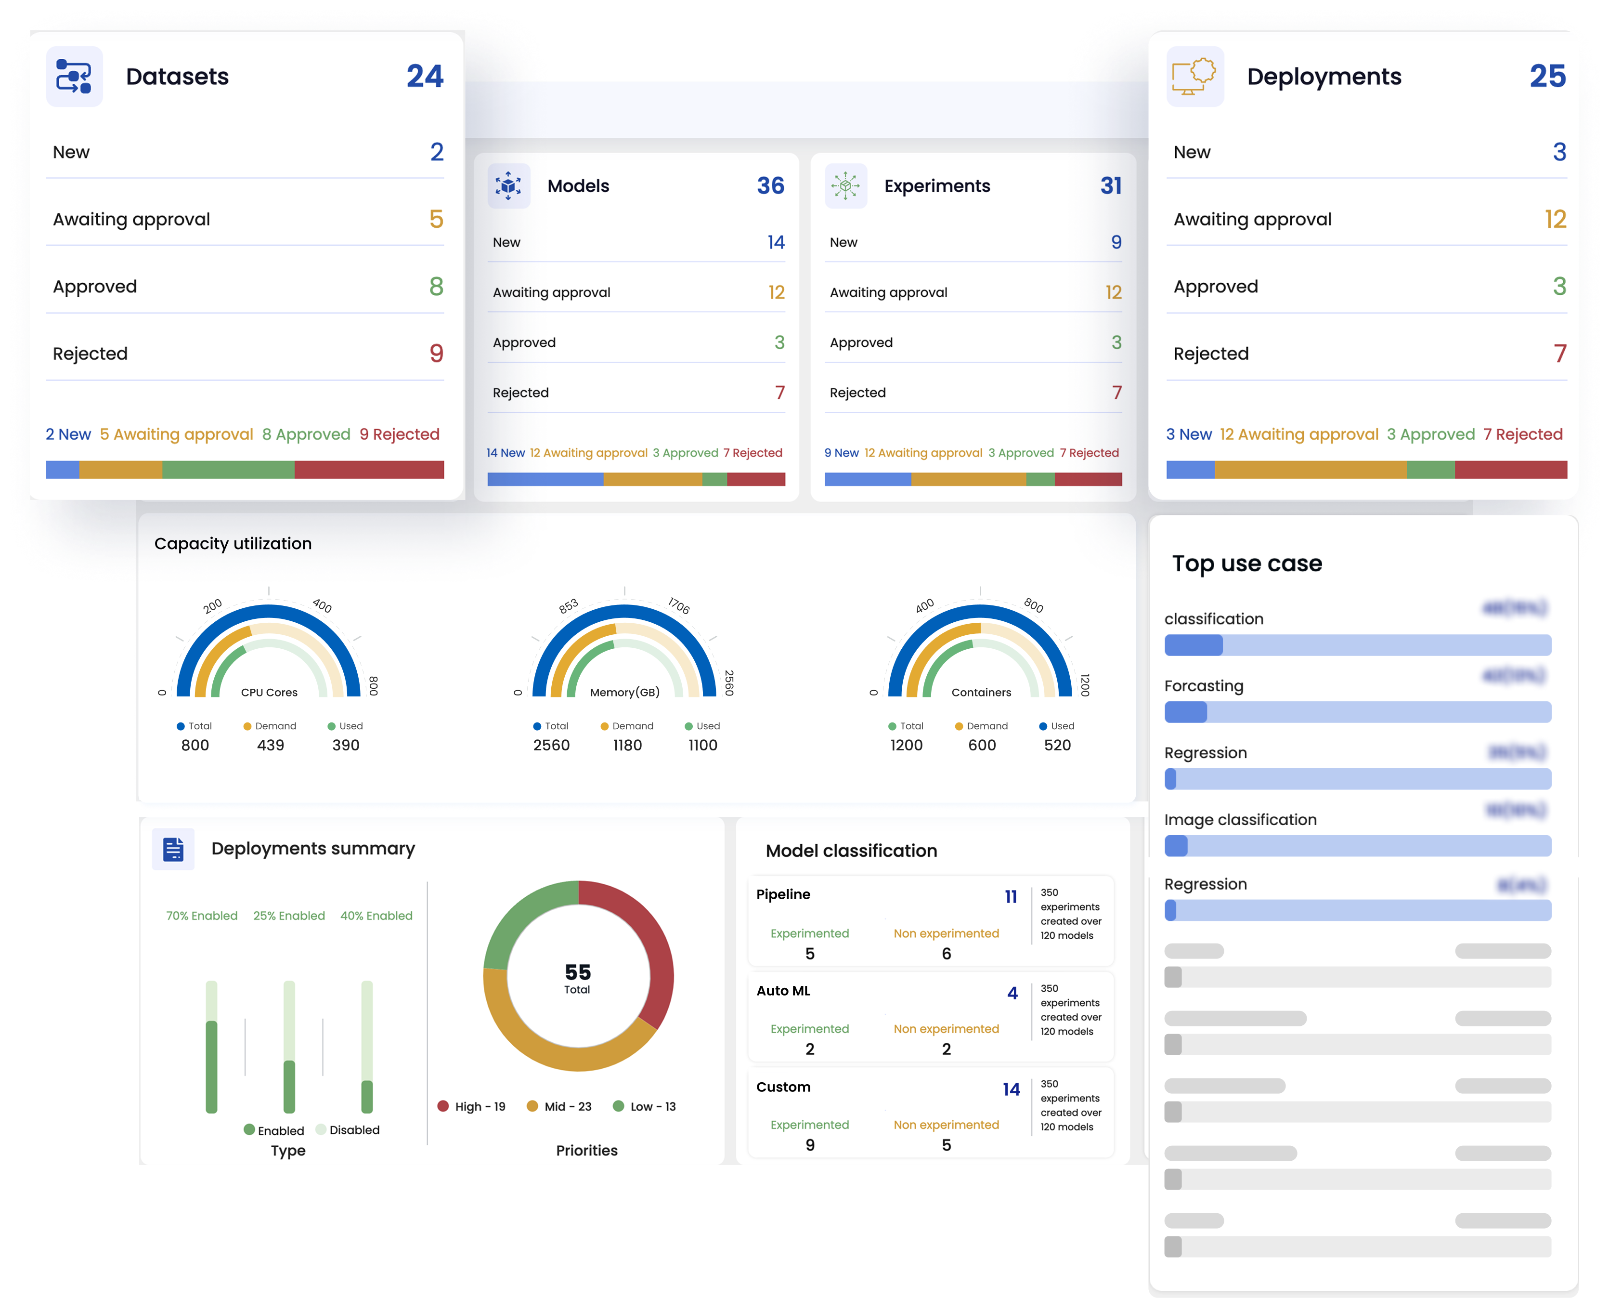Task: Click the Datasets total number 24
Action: pyautogui.click(x=425, y=76)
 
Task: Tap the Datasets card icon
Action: pyautogui.click(x=74, y=76)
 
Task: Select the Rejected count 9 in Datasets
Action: pyautogui.click(x=437, y=353)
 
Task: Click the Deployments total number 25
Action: pyautogui.click(x=1547, y=76)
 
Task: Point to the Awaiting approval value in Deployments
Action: pyautogui.click(x=1555, y=219)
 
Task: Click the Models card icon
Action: pyautogui.click(x=508, y=185)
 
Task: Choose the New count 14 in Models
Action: pyautogui.click(x=776, y=242)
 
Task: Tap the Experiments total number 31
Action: pyautogui.click(x=1111, y=185)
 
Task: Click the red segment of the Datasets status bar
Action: pyautogui.click(x=369, y=470)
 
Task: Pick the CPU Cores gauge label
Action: pyautogui.click(x=269, y=693)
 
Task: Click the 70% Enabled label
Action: pyautogui.click(x=202, y=916)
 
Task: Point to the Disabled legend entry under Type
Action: pyautogui.click(x=348, y=1130)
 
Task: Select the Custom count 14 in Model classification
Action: pyautogui.click(x=1011, y=1089)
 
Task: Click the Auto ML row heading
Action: pyautogui.click(x=783, y=991)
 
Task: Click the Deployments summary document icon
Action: pyautogui.click(x=173, y=849)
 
